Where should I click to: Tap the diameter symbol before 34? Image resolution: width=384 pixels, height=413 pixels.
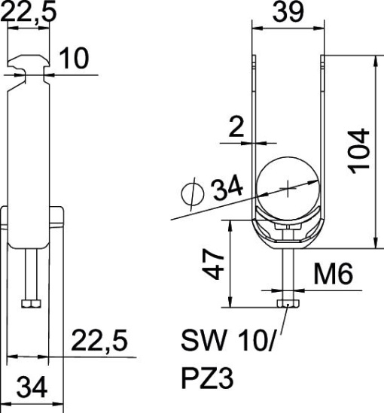(193, 193)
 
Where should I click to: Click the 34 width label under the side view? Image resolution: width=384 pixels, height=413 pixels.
(32, 388)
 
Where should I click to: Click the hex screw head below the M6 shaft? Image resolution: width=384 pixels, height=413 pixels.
(288, 302)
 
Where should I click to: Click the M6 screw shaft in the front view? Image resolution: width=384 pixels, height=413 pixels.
(288, 272)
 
